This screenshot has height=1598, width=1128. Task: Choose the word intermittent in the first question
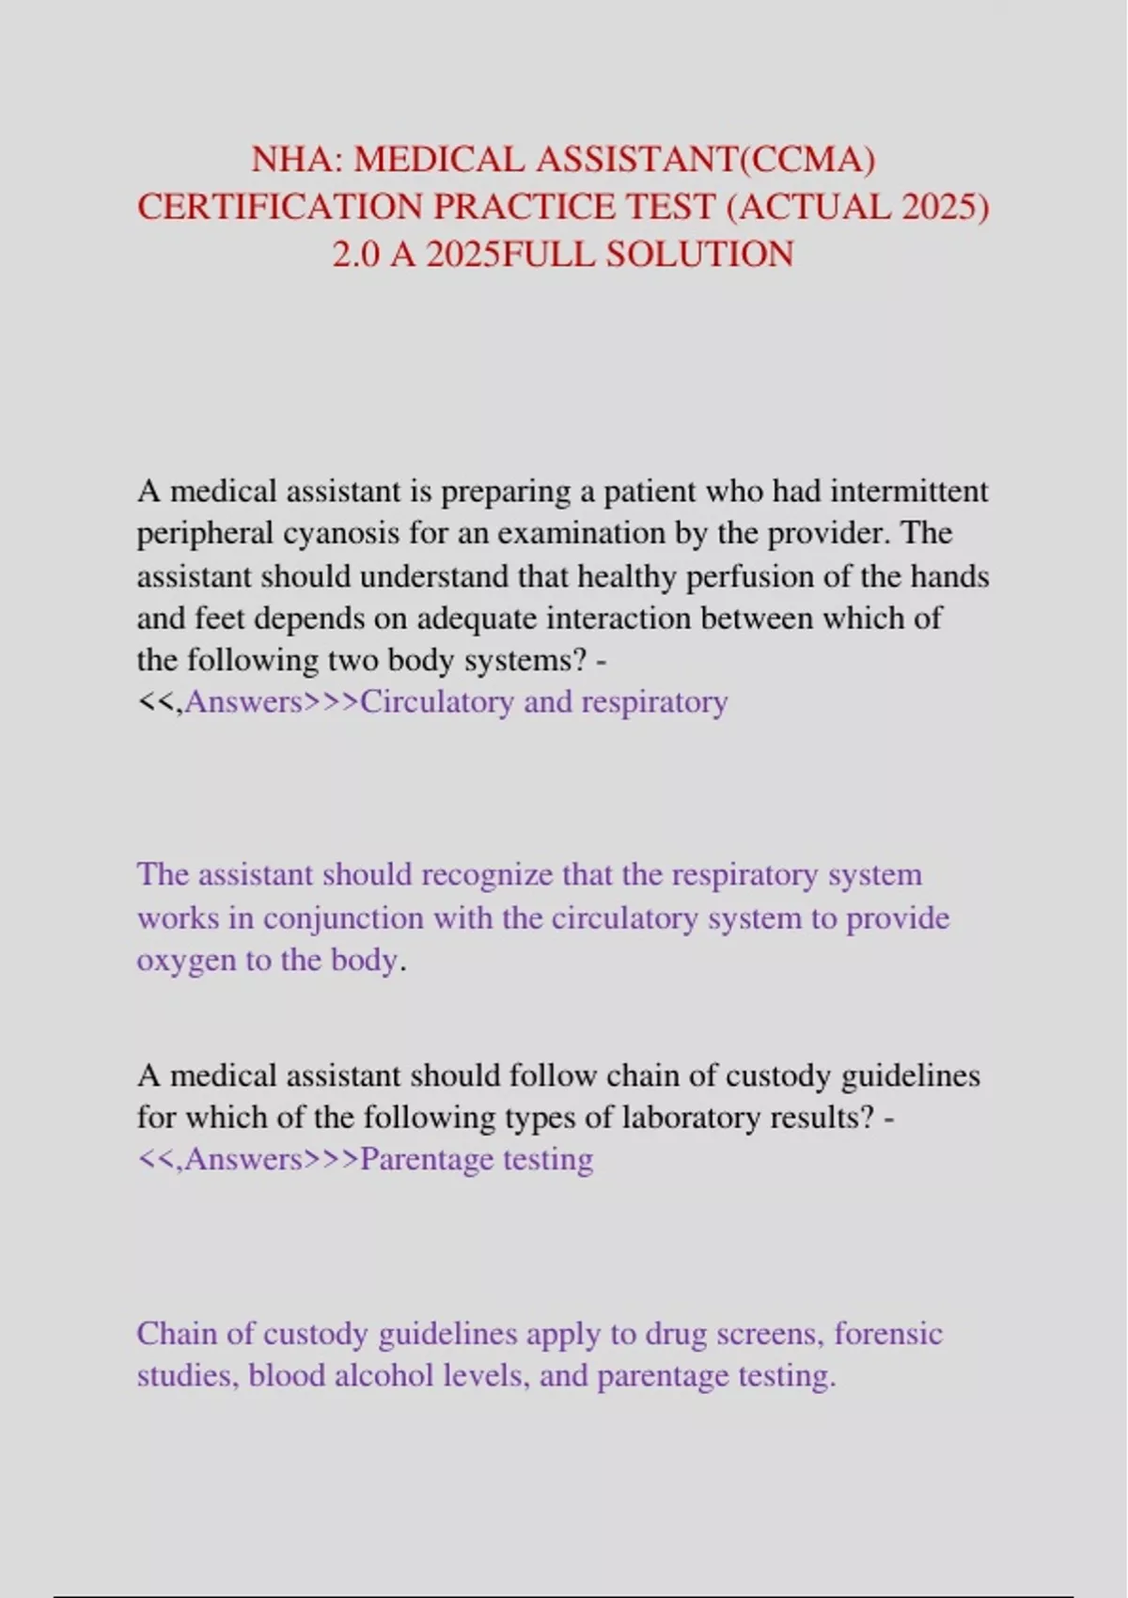909,491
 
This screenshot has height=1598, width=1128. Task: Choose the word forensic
888,1333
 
